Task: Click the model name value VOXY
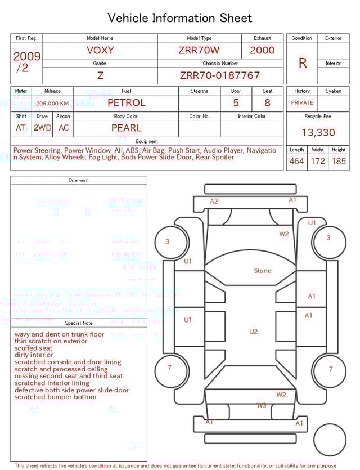pos(100,50)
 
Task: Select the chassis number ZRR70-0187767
pos(220,75)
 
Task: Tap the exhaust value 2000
pos(262,50)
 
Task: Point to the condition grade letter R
pos(302,63)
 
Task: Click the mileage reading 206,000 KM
pos(52,104)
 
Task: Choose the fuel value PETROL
pos(126,103)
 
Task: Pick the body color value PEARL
pos(127,128)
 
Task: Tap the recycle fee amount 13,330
pos(318,133)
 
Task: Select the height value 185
pos(339,162)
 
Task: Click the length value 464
pos(296,162)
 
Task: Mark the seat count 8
pos(267,103)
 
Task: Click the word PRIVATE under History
pos(302,103)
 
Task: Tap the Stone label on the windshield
pos(262,271)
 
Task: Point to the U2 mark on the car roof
pos(253,332)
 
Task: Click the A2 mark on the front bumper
pos(214,201)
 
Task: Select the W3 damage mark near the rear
pos(262,405)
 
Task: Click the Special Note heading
pos(79,323)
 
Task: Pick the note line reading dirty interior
pos(34,355)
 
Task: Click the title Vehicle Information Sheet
pos(180,18)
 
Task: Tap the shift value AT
pos(21,128)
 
